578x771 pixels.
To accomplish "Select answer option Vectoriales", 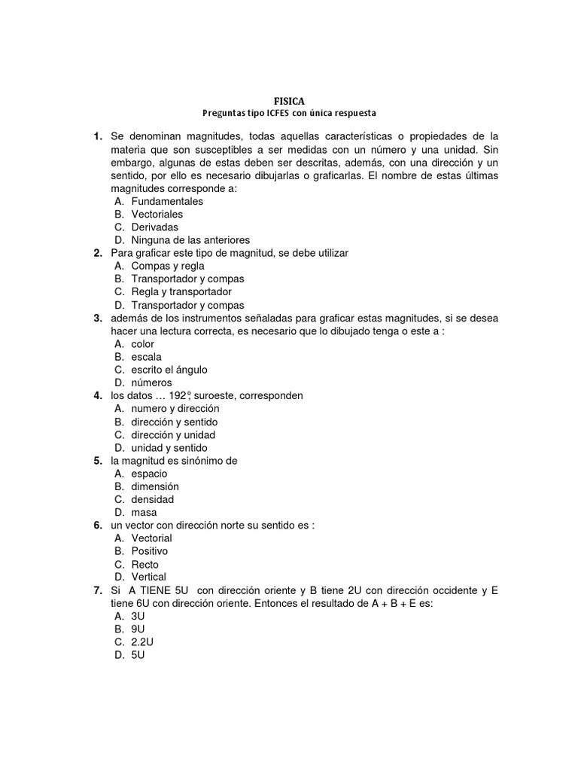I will [x=157, y=215].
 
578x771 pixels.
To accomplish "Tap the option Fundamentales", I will [x=167, y=202].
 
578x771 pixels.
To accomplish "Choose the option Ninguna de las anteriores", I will [x=190, y=240].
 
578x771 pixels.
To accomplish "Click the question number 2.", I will [x=98, y=253].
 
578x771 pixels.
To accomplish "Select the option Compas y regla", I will [x=168, y=266].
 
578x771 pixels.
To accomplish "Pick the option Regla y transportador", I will [x=181, y=291].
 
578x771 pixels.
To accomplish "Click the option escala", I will [x=146, y=357].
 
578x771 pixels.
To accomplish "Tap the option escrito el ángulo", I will [x=169, y=370].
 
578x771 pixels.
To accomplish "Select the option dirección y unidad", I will [x=173, y=435].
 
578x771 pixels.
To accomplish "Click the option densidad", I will [x=152, y=499].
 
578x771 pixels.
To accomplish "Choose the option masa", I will [x=144, y=513].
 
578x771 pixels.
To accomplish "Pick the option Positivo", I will [x=150, y=551].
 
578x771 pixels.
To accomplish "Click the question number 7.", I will [x=98, y=590].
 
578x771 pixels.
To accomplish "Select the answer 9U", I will [x=138, y=629].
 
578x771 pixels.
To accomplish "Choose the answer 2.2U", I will [x=142, y=641].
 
